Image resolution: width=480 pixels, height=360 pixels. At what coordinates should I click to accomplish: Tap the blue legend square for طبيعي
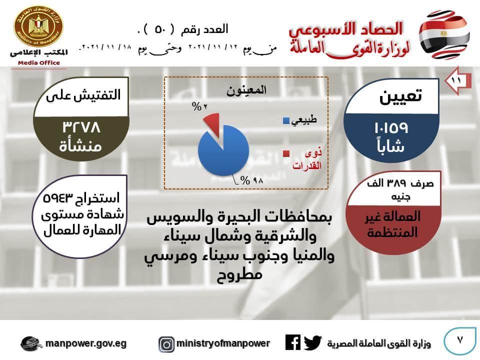(x=286, y=120)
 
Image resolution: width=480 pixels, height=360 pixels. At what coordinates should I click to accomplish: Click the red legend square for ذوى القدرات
(x=286, y=153)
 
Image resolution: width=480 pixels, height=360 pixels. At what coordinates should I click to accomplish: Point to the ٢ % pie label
(x=199, y=106)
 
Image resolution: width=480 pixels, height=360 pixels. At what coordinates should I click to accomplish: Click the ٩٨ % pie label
(x=251, y=180)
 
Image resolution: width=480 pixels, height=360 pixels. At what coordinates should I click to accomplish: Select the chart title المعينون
(x=246, y=90)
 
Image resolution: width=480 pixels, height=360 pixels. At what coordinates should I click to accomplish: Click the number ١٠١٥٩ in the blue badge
(x=391, y=127)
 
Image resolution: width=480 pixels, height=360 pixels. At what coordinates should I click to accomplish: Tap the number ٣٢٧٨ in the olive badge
(x=81, y=126)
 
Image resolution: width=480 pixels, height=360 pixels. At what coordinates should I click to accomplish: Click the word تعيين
(x=400, y=96)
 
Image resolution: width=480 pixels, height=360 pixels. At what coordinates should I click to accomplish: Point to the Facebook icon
(x=293, y=342)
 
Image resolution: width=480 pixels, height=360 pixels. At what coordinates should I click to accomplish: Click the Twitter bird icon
(x=313, y=342)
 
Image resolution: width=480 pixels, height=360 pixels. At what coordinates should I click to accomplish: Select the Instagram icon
(x=166, y=344)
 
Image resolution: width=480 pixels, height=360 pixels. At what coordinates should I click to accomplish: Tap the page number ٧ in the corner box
(x=459, y=340)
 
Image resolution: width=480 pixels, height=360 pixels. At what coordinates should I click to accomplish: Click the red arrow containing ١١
(x=457, y=80)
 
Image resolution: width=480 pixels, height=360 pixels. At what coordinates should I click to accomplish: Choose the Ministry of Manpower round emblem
(x=38, y=26)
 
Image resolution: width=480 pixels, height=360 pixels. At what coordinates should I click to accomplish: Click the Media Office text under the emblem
(x=39, y=63)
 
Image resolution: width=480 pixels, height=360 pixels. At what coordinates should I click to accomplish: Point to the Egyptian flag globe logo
(x=444, y=34)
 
